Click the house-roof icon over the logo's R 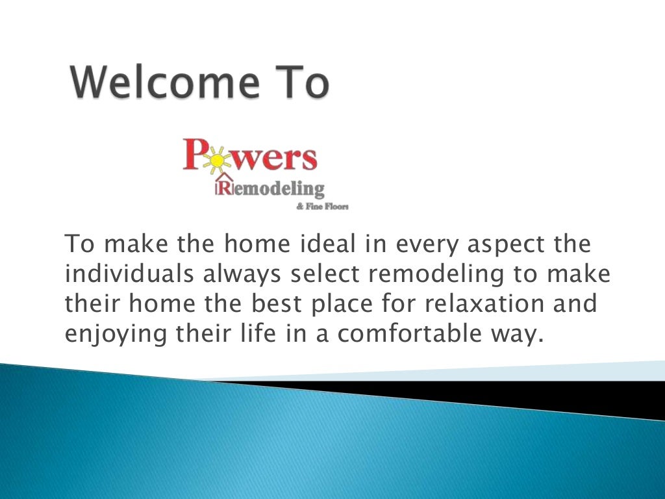(225, 178)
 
